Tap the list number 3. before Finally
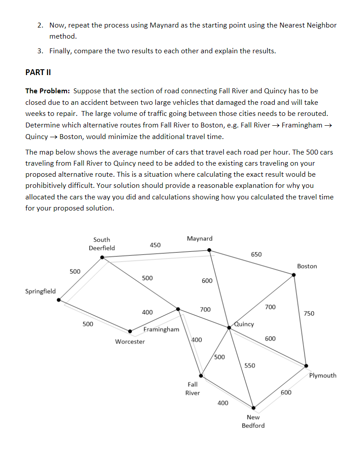click(40, 51)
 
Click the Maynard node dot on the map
click(210, 250)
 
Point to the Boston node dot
click(293, 275)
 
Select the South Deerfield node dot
click(103, 257)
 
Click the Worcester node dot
click(130, 331)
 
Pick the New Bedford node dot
click(253, 407)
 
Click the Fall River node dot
click(201, 375)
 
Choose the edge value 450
click(155, 245)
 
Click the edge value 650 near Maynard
click(256, 254)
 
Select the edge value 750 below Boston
click(309, 314)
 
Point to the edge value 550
click(250, 366)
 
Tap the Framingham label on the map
click(162, 330)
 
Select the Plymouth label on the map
click(323, 376)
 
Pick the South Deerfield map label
click(102, 244)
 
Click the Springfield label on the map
click(40, 291)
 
